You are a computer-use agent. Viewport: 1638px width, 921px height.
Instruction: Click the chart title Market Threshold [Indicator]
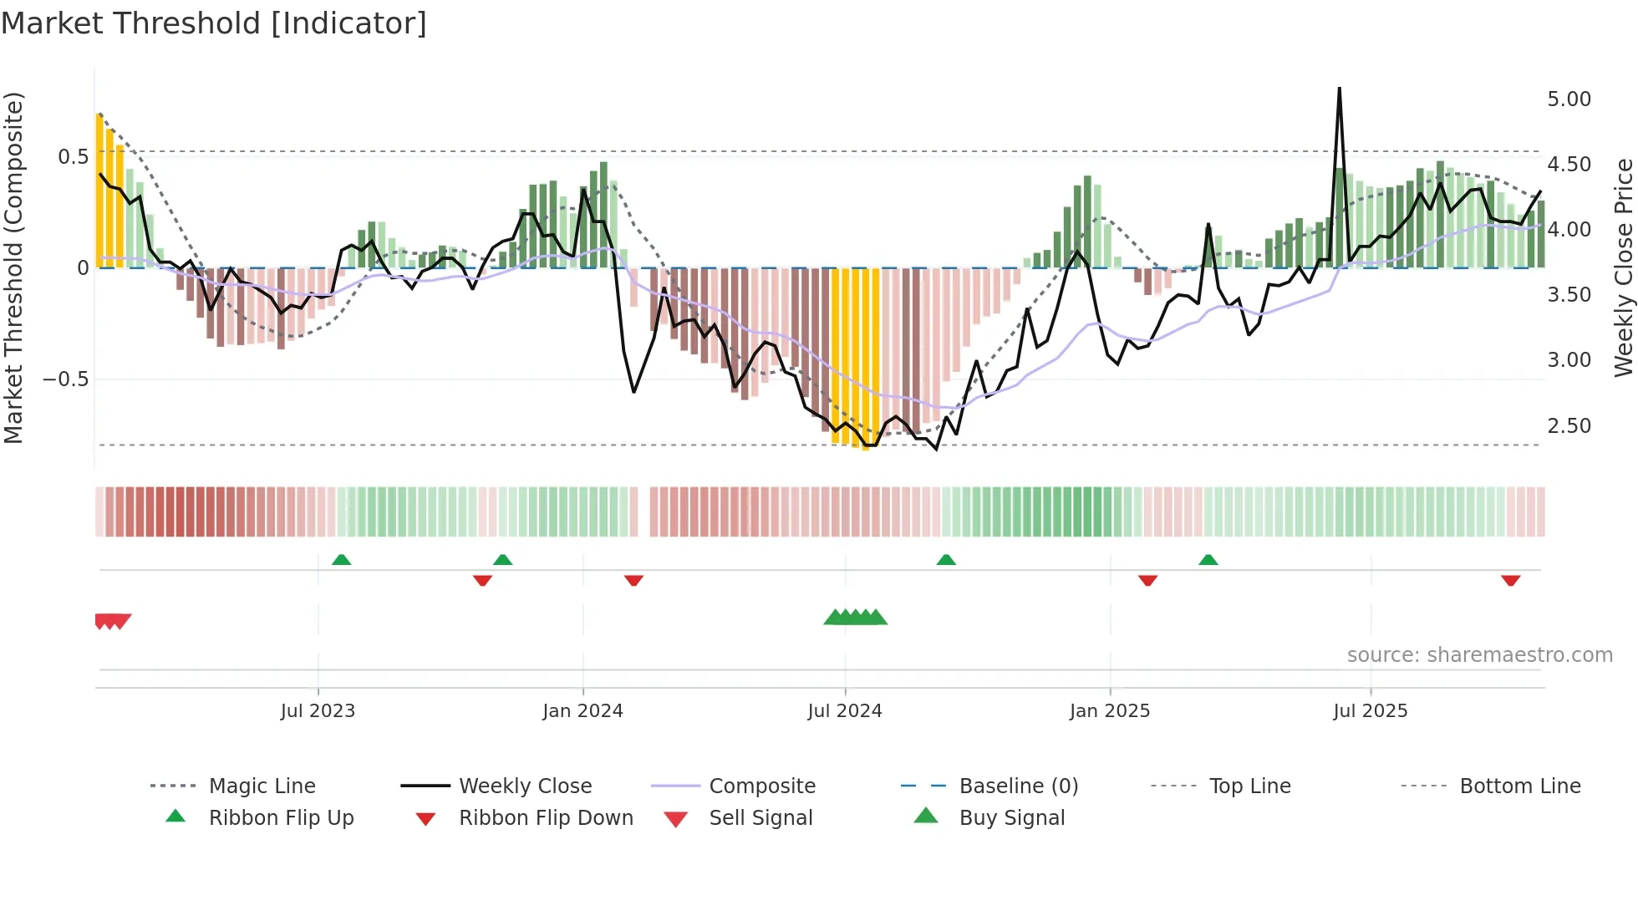click(214, 23)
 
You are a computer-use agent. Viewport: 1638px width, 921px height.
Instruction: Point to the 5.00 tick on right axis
click(1569, 99)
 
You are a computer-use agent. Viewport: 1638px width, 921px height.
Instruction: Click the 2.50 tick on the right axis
click(1569, 426)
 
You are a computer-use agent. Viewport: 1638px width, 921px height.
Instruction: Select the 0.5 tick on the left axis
click(73, 157)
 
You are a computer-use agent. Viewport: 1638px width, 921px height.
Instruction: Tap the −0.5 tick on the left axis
click(65, 379)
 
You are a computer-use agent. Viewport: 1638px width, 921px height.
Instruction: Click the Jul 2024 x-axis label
click(844, 711)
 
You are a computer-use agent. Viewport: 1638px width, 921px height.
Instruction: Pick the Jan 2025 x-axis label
click(1109, 711)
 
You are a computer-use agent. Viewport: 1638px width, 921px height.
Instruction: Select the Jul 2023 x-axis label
click(318, 711)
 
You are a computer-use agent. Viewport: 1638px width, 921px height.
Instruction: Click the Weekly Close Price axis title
click(1623, 267)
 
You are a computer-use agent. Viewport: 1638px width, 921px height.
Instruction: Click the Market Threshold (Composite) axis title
click(13, 267)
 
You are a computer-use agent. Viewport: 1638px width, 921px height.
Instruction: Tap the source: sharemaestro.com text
click(1479, 655)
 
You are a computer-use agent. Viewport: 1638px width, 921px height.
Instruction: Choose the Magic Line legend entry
click(262, 786)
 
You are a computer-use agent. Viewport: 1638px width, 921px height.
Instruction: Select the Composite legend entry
click(761, 786)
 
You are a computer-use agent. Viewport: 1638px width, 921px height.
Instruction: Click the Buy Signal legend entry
click(1011, 818)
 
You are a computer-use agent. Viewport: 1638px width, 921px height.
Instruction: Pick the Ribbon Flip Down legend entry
click(545, 818)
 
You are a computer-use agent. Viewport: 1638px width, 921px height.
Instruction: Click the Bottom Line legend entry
click(1519, 786)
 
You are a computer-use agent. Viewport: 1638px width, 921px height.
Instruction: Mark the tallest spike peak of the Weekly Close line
click(1339, 89)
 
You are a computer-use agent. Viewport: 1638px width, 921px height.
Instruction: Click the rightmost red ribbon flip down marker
click(1510, 580)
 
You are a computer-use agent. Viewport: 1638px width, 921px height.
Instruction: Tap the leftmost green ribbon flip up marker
click(341, 560)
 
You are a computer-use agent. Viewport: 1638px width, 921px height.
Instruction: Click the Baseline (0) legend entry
click(1018, 786)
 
